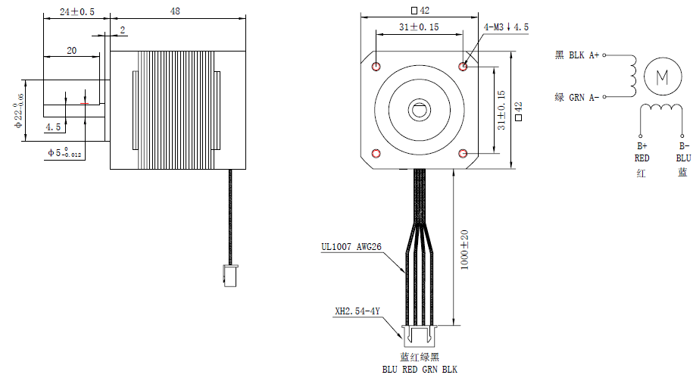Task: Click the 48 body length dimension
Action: pos(175,11)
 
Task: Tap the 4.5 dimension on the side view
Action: pos(53,127)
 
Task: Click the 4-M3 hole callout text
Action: pos(506,27)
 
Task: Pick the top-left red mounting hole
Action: pos(376,67)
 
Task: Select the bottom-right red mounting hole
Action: pos(464,154)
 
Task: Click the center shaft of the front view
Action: pos(420,110)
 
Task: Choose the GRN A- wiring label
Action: pos(577,97)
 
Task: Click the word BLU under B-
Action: pos(683,158)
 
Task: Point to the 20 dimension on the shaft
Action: pos(71,50)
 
